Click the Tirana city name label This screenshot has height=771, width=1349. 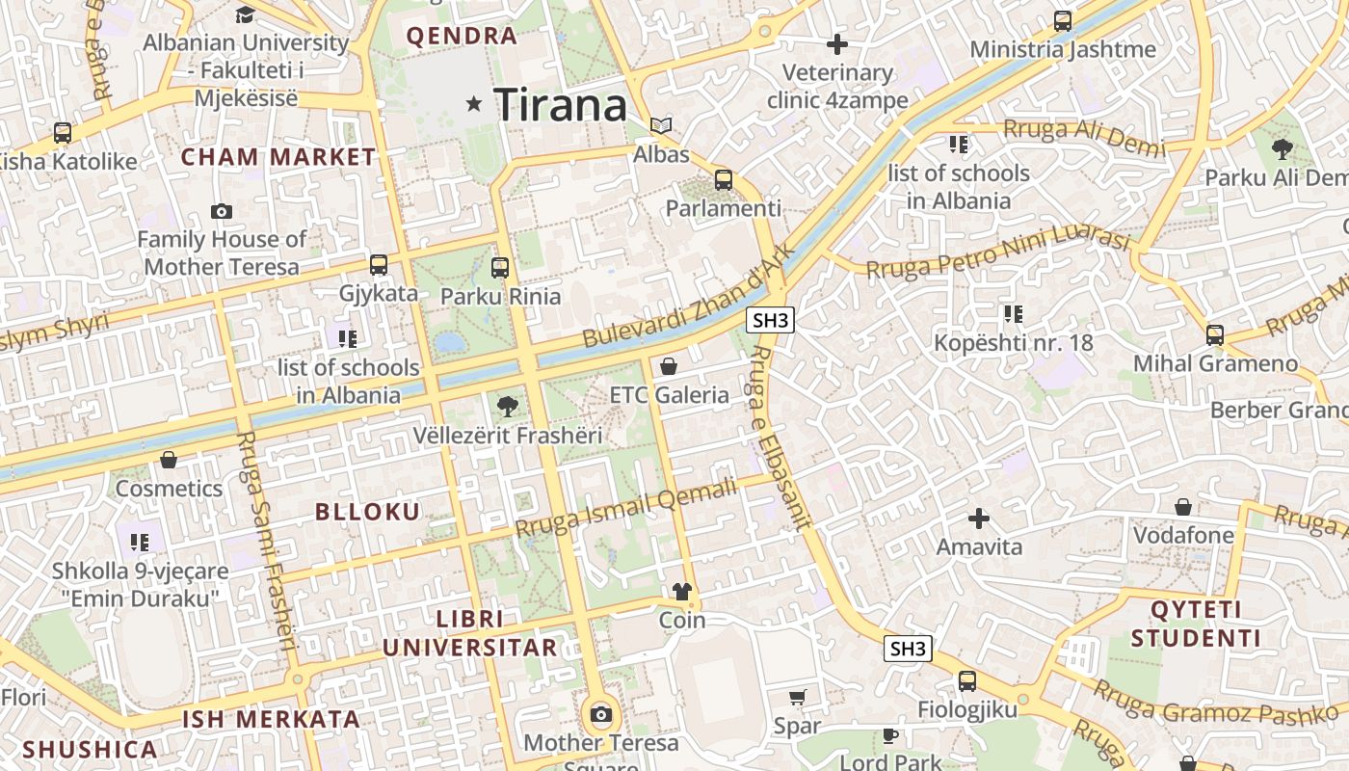click(560, 104)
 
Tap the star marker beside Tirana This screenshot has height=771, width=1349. click(473, 103)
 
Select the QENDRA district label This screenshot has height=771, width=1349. click(462, 37)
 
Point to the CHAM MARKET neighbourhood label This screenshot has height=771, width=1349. click(278, 156)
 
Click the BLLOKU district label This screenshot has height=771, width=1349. click(368, 512)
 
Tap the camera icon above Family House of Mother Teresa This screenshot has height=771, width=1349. click(221, 211)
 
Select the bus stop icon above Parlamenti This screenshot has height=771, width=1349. click(724, 180)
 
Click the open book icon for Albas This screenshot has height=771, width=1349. click(661, 126)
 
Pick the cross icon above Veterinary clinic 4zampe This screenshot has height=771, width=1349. click(837, 43)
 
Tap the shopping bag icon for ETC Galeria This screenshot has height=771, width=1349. click(669, 366)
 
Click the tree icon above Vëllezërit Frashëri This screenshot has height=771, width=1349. click(507, 407)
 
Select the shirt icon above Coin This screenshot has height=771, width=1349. click(682, 592)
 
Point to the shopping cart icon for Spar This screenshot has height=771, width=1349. click(797, 697)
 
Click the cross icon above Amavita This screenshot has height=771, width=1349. click(979, 518)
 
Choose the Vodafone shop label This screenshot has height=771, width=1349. click(1183, 535)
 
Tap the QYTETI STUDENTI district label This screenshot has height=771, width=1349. click(1196, 624)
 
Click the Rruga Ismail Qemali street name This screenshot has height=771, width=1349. click(625, 509)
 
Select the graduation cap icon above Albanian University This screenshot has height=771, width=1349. click(245, 14)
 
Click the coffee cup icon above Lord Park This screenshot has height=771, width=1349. click(889, 736)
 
